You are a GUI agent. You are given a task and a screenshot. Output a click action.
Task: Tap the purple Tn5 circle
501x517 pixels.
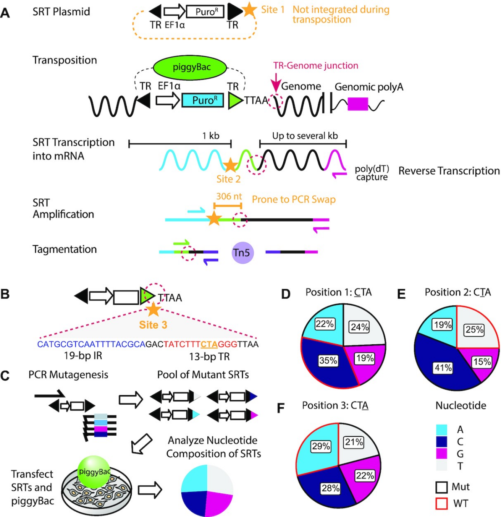[242, 253]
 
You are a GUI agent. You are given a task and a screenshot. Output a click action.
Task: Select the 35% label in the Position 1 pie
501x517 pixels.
[328, 360]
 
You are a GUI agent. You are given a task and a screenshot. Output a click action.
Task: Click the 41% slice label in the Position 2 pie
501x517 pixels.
[443, 368]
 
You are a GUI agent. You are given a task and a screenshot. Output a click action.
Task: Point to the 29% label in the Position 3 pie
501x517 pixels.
[321, 446]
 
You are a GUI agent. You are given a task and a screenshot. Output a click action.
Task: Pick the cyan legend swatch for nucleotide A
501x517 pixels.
[441, 430]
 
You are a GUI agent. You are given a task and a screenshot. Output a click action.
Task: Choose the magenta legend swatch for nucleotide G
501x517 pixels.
[441, 454]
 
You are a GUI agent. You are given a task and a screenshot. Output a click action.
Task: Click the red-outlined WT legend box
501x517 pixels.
[441, 504]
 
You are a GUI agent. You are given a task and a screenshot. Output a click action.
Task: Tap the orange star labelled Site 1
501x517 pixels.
[249, 10]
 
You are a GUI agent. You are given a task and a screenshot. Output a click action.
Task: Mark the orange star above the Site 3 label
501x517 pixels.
[153, 309]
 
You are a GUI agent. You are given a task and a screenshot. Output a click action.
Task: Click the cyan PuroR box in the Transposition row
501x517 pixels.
[202, 100]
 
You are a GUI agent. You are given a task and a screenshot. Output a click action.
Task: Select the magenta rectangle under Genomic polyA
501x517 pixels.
[358, 104]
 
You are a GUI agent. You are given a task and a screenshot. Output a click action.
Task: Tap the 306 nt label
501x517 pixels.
[229, 196]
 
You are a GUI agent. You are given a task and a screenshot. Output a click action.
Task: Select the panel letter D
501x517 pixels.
[286, 294]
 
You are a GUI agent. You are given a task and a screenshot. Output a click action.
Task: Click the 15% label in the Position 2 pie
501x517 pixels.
[482, 361]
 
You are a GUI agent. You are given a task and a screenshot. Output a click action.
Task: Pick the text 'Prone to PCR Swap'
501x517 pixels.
[294, 199]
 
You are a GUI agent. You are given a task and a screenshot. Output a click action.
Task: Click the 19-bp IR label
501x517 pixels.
[83, 356]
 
